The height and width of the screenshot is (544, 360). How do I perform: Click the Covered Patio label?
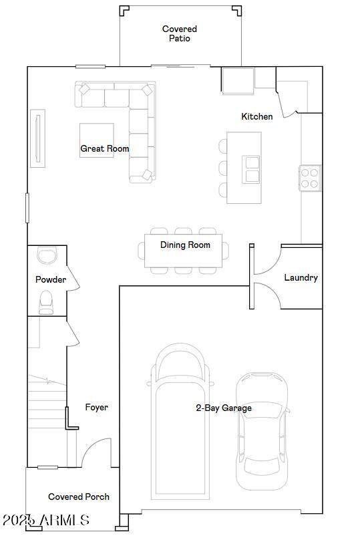coord(179,33)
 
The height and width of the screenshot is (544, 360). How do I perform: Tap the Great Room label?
coord(105,148)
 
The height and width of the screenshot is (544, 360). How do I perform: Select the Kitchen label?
coord(257,116)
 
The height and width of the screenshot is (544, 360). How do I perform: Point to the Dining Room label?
coord(185,245)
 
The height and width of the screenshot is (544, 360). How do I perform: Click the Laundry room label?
coord(301,277)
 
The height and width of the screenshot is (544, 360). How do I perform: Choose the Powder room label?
coord(51,279)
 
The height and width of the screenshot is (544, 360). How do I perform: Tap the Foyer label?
coord(96,407)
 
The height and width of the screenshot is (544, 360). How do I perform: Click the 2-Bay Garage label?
coord(224,408)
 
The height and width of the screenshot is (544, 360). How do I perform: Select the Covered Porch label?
coord(79,497)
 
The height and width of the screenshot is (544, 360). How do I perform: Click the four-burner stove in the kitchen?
coord(310,178)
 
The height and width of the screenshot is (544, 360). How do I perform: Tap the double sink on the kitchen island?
coord(251,169)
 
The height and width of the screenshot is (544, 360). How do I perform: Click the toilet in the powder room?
coord(46,302)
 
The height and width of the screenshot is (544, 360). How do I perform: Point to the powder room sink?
coord(47,255)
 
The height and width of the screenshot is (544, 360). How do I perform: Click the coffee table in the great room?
coord(97,140)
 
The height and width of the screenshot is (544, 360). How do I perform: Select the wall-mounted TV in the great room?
coord(38,138)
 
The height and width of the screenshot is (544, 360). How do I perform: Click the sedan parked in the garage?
coord(262,431)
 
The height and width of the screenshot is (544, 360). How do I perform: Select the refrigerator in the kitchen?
coord(238,81)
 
